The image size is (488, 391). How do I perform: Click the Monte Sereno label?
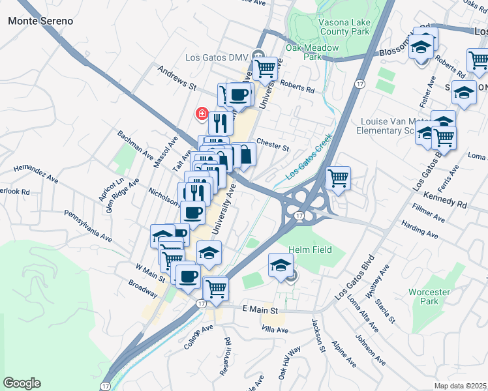pyautogui.click(x=40, y=20)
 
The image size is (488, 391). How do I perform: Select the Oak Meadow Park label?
pyautogui.click(x=313, y=52)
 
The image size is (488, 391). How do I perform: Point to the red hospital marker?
pyautogui.click(x=202, y=114)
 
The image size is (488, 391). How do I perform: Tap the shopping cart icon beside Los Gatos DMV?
pyautogui.click(x=266, y=67)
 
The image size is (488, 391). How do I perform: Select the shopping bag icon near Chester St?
pyautogui.click(x=244, y=155)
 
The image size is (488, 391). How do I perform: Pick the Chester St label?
pyautogui.click(x=273, y=145)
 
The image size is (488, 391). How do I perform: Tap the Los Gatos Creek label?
pyautogui.click(x=309, y=156)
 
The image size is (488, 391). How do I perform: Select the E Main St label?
pyautogui.click(x=260, y=308)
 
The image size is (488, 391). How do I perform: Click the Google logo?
pyautogui.click(x=22, y=383)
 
